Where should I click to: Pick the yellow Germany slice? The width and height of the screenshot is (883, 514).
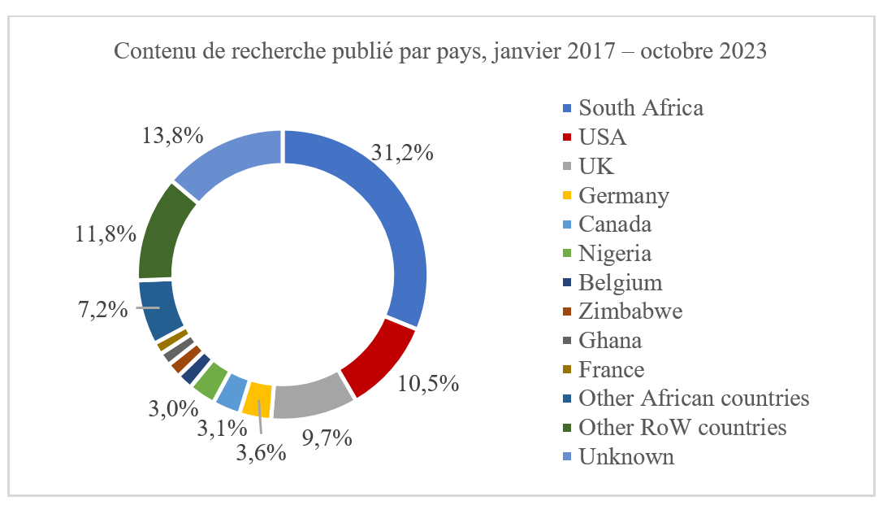[x=258, y=399]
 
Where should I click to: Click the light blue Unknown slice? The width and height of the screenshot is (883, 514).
[x=227, y=155]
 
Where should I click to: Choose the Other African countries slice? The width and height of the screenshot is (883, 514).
[x=159, y=310]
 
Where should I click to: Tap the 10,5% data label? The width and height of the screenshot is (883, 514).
[x=429, y=382]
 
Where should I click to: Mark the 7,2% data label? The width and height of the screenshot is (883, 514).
[x=103, y=309]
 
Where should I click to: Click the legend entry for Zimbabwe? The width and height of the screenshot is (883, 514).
[x=630, y=311]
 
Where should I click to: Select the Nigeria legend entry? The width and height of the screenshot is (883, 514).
[x=614, y=253]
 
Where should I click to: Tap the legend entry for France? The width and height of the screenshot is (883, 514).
[x=611, y=370]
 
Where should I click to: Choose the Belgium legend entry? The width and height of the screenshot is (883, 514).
[x=620, y=282]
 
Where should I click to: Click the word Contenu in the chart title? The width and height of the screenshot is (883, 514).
[x=147, y=51]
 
